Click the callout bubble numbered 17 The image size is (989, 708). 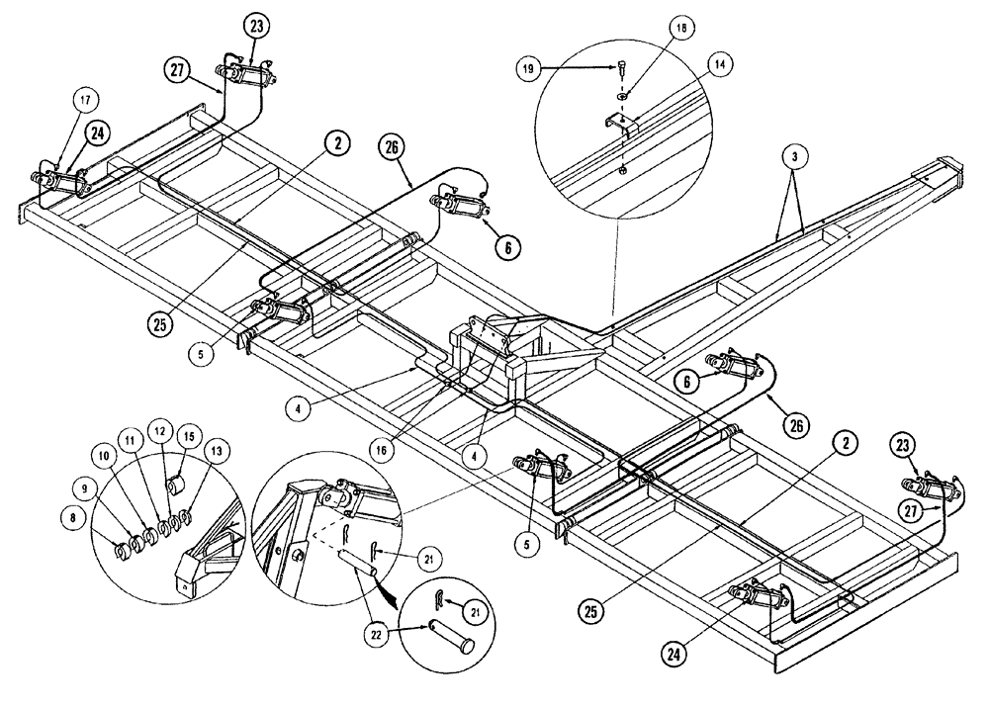coord(85,99)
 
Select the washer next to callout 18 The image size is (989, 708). coord(622,97)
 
